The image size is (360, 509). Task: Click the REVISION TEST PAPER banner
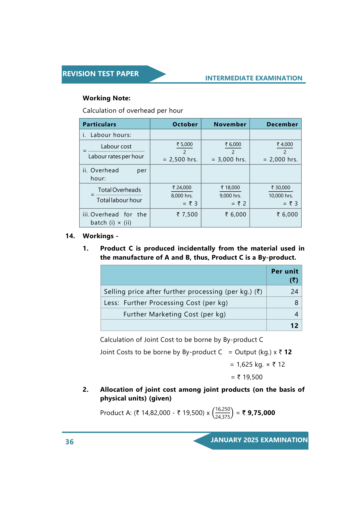101,74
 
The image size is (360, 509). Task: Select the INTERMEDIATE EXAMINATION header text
254,78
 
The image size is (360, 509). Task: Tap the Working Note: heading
106,98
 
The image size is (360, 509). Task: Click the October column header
185,124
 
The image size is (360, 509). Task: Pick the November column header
230,124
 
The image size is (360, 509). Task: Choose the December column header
282,124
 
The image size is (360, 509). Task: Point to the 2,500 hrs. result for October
183,160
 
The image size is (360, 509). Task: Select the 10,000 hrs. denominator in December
281,196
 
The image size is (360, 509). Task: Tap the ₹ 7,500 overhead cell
187,215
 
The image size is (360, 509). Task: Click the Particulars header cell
99,124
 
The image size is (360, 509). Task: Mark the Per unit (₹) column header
284,275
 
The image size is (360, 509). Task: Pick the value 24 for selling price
294,292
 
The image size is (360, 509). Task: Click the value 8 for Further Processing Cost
296,303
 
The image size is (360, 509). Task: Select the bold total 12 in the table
294,326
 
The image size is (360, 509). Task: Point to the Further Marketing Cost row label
174,314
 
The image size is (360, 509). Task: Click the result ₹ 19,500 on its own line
250,377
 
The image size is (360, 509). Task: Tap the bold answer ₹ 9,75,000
259,413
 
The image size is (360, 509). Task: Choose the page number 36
70,442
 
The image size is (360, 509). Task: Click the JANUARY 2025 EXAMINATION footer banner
259,440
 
